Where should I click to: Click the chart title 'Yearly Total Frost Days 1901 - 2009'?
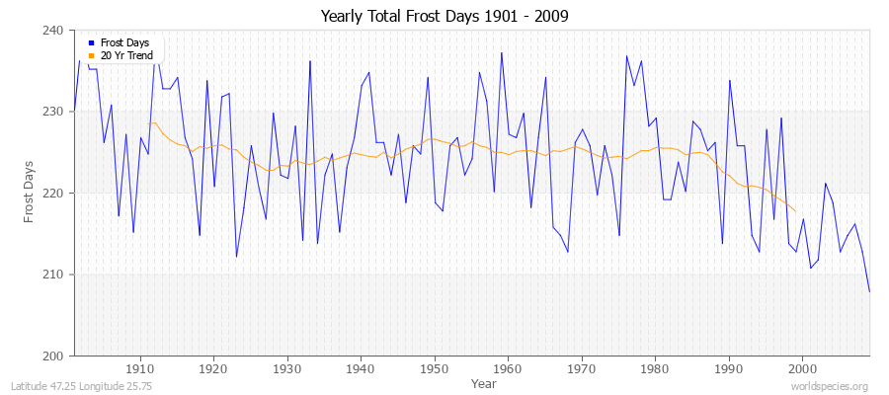pos(444,17)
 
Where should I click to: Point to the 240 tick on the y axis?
pos(53,31)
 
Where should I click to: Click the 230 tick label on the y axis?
pos(53,112)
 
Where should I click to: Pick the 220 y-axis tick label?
pos(53,193)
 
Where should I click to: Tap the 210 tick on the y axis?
pos(53,274)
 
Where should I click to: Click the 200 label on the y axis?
pos(53,355)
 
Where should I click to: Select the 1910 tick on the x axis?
pos(139,368)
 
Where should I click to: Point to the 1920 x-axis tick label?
pos(212,368)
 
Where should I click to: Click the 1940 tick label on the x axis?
pos(360,368)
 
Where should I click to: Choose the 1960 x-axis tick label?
pos(507,368)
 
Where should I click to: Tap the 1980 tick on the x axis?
pos(654,368)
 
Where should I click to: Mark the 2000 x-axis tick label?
pos(802,368)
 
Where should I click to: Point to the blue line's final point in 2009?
pos(869,291)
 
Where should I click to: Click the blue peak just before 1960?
pos(501,52)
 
